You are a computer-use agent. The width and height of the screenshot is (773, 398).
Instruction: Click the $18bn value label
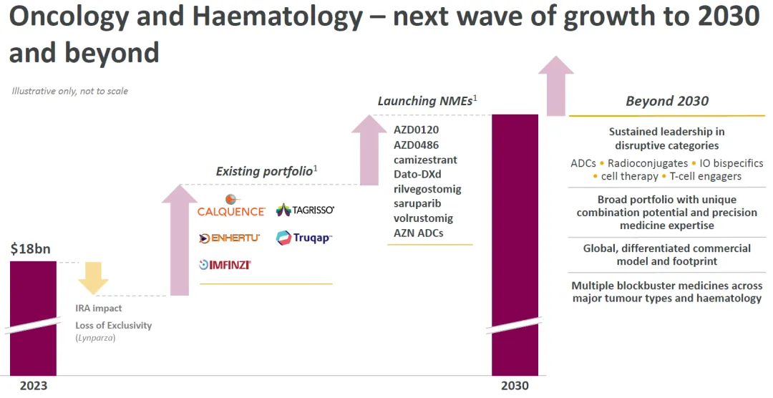coord(31,250)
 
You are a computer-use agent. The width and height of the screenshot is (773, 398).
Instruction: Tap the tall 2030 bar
coord(514,243)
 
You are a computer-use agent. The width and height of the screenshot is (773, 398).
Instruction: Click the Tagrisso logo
coord(305,210)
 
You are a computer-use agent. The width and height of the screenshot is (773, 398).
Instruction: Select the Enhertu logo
coord(229,238)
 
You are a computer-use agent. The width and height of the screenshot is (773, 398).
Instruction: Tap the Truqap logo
coord(304,238)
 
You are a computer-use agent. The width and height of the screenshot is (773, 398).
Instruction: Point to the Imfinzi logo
coord(225,265)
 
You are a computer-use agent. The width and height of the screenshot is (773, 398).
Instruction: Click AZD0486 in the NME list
coord(417,145)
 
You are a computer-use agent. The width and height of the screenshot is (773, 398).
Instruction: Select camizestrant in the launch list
coord(425,160)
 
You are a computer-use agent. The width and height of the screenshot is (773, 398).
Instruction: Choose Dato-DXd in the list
coord(418,174)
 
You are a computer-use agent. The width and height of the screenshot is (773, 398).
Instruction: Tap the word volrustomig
coord(423,218)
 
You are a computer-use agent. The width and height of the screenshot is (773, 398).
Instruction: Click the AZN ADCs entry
coord(419,233)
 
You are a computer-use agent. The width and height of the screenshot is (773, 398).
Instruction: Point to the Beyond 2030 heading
coord(667,101)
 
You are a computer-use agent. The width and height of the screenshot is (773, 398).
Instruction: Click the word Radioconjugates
coord(648,163)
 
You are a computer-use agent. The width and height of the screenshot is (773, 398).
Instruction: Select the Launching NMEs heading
coord(425,101)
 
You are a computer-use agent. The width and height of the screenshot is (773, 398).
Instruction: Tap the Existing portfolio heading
coord(264,171)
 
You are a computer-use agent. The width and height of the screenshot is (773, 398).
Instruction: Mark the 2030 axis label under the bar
coord(515,386)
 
